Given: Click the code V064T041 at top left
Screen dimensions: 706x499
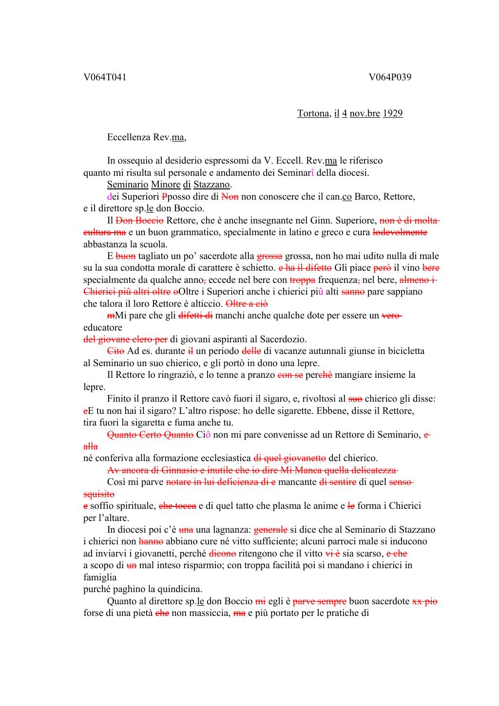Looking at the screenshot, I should [105, 77].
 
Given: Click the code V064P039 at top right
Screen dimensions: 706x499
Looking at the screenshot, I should [390, 77].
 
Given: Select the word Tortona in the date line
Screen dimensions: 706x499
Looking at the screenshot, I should [313, 113].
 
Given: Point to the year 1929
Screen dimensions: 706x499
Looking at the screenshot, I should [392, 113].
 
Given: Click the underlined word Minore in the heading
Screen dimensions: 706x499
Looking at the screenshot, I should [165, 185].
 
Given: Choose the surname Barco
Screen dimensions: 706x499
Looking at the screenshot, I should [366, 197].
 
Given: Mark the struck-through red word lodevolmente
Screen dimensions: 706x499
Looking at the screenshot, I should [400, 232].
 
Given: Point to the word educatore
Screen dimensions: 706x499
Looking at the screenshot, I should [103, 328].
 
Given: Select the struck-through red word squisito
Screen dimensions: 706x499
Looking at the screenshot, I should [99, 494].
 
